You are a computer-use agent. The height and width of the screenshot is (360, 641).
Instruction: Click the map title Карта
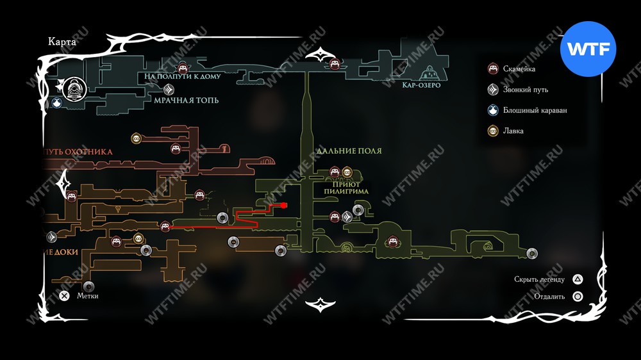pyautogui.click(x=62, y=42)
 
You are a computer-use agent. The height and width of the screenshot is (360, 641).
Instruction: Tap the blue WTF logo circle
pyautogui.click(x=588, y=49)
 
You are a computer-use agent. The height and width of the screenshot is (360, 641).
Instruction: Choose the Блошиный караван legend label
pyautogui.click(x=535, y=110)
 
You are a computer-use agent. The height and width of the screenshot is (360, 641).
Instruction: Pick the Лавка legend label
pyautogui.click(x=513, y=131)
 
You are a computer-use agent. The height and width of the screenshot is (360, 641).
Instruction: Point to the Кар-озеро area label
pyautogui.click(x=421, y=85)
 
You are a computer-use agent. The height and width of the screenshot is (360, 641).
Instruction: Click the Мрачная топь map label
pyautogui.click(x=186, y=101)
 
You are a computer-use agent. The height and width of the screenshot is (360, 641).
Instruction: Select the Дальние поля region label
pyautogui.click(x=349, y=151)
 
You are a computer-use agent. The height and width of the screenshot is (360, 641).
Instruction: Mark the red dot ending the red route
pyautogui.click(x=283, y=206)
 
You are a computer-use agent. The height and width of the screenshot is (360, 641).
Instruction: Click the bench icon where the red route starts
pyautogui.click(x=165, y=226)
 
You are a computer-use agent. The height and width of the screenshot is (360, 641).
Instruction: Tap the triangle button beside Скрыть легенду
pyautogui.click(x=578, y=279)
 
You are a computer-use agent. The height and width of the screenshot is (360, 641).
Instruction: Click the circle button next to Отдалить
pyautogui.click(x=578, y=297)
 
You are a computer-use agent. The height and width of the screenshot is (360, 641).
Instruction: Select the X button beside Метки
pyautogui.click(x=64, y=296)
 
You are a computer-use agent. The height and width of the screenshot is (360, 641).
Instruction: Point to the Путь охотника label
pyautogui.click(x=79, y=152)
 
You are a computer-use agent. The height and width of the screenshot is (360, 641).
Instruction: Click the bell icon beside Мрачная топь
pyautogui.click(x=169, y=90)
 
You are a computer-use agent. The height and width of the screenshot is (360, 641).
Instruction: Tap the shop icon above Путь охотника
pyautogui.click(x=136, y=138)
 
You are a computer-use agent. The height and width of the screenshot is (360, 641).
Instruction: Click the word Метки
pyautogui.click(x=88, y=296)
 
